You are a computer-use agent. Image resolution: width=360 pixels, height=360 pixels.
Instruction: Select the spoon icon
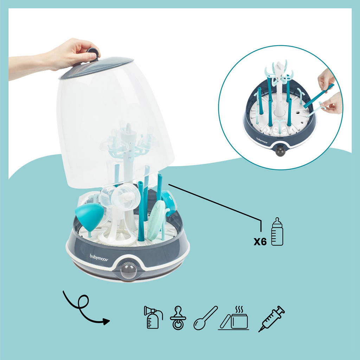coord(205,318)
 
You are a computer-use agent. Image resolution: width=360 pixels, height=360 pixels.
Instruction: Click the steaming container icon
coord(234,317)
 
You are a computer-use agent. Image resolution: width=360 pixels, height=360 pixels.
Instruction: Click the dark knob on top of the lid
coord(92,53)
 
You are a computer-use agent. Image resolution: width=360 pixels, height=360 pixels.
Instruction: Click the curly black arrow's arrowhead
coord(105,321)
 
